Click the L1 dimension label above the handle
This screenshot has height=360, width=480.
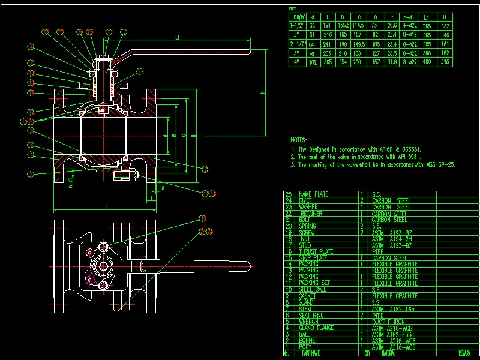[x=178, y=38]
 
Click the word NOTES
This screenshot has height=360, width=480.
[x=298, y=139]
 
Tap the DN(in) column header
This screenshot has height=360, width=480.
[x=298, y=17]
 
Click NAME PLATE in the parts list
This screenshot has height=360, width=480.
[x=313, y=195]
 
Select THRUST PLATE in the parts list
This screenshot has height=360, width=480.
[x=316, y=252]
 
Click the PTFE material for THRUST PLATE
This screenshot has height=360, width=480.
[x=377, y=252]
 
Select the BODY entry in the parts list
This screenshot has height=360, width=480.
[x=306, y=347]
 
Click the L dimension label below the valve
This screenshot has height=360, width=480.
[x=107, y=206]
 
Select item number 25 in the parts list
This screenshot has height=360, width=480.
[x=289, y=195]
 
